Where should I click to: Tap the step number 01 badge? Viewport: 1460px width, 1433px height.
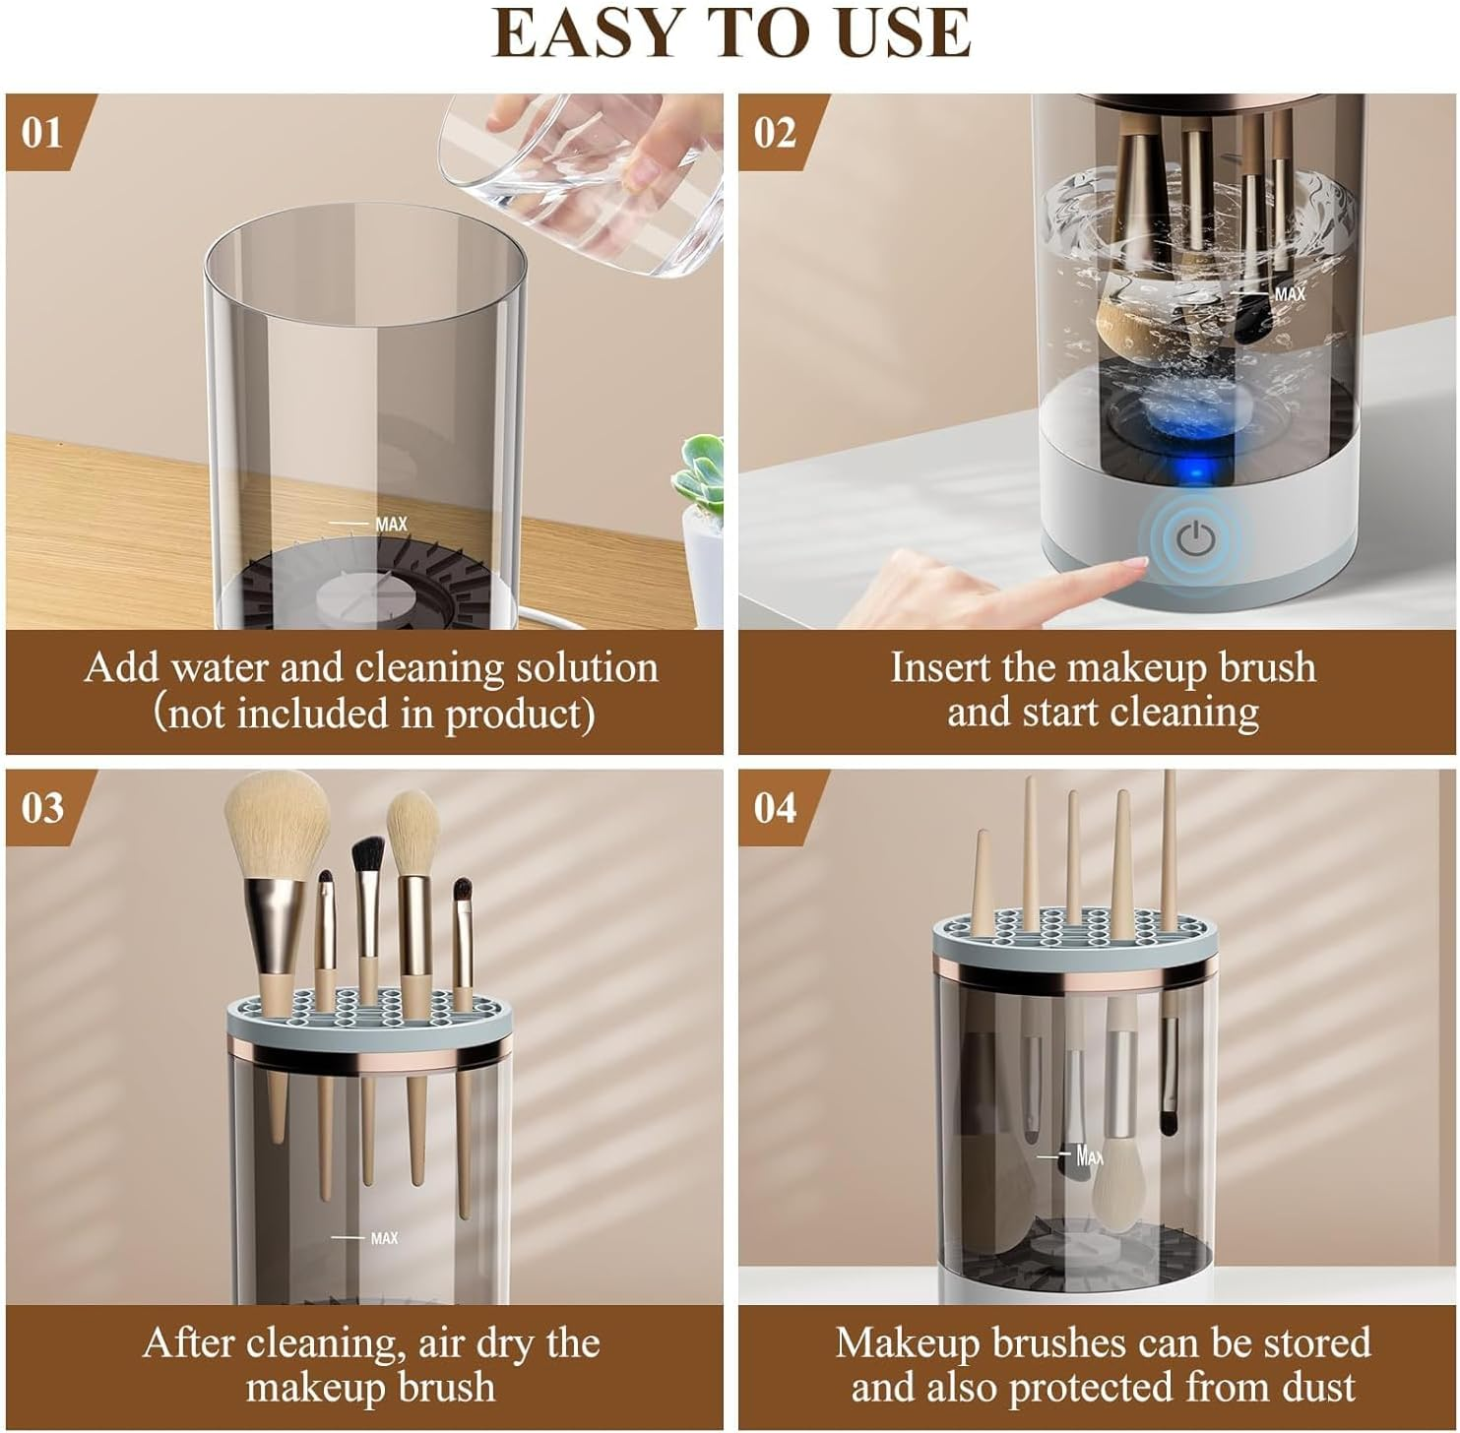click(42, 132)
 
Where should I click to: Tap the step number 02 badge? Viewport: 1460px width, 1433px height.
click(775, 132)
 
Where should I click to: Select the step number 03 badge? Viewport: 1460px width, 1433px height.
click(42, 807)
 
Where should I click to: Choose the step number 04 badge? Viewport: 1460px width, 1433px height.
click(775, 807)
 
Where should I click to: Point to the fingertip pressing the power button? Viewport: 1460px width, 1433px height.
click(1132, 567)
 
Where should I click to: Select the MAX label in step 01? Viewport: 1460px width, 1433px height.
click(391, 525)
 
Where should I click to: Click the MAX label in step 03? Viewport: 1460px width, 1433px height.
click(384, 1238)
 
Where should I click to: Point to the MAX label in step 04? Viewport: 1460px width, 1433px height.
click(1090, 1155)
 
